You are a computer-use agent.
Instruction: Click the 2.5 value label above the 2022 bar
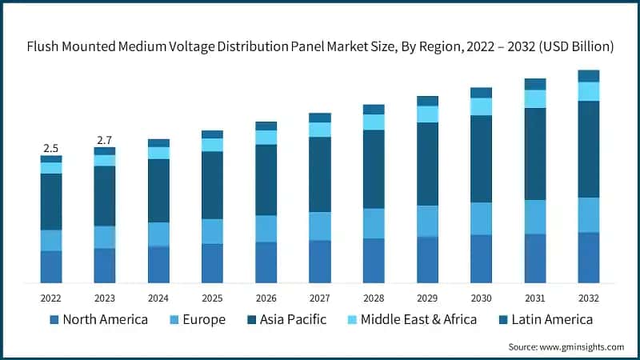[x=51, y=148]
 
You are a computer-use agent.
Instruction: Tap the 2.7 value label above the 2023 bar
[x=104, y=140]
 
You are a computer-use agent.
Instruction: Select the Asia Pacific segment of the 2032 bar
[x=589, y=149]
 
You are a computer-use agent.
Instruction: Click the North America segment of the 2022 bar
[x=51, y=266]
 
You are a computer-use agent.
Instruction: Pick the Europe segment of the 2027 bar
[x=320, y=226]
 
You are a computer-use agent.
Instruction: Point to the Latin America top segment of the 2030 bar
[x=481, y=93]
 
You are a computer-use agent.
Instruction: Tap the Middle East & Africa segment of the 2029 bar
[x=427, y=114]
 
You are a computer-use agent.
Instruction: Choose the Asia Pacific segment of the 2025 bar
[x=212, y=185]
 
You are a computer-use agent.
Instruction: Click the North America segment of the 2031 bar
[x=535, y=258]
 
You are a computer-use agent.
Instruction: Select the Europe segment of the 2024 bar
[x=158, y=234]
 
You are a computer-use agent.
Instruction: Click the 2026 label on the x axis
[x=266, y=298]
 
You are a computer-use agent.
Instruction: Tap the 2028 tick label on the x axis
[x=374, y=298]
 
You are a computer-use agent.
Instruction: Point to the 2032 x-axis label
[x=589, y=298]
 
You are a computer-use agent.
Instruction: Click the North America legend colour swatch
[x=54, y=320]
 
